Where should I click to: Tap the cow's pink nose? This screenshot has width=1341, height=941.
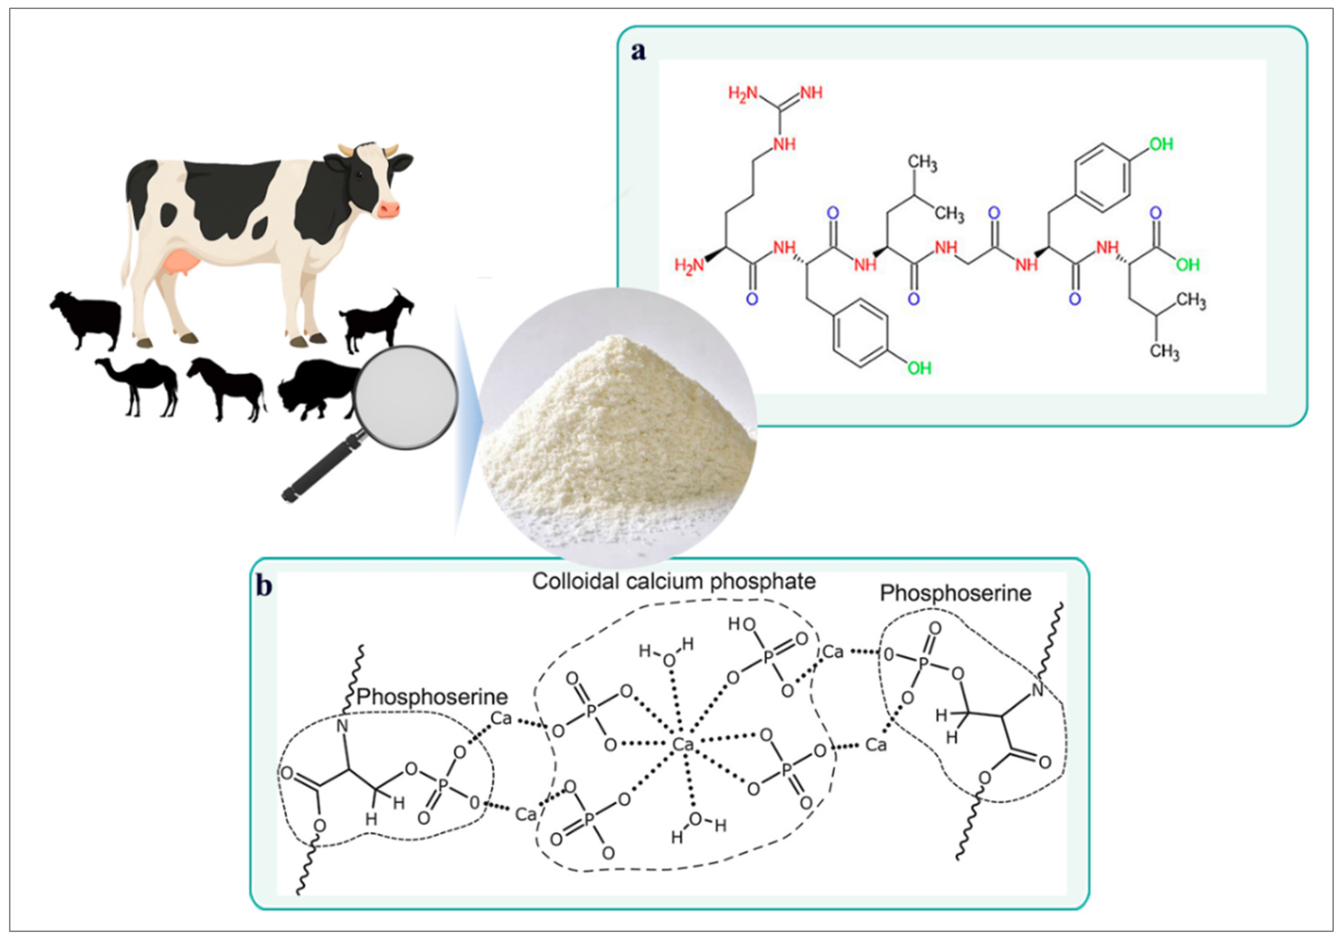click(x=389, y=208)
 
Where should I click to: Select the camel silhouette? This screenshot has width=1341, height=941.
click(x=140, y=385)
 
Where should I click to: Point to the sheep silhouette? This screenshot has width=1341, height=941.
click(x=87, y=318)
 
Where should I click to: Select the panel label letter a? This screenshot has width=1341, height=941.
click(x=638, y=52)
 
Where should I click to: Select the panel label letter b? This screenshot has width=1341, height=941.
click(x=264, y=585)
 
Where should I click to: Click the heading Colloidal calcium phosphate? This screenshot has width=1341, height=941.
click(x=674, y=582)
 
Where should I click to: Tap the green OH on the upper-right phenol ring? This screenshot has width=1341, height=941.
click(x=1160, y=144)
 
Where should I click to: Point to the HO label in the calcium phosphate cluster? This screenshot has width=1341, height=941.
click(x=741, y=625)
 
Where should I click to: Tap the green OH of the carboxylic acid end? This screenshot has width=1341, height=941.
click(x=1188, y=265)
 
